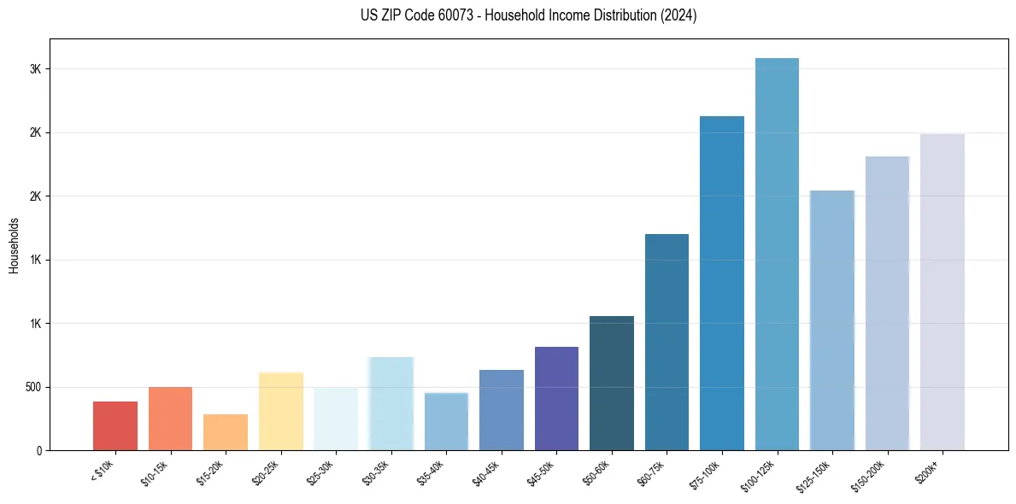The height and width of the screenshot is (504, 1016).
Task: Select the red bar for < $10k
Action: coord(115,425)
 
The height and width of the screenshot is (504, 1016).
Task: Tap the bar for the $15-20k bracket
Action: coord(226,432)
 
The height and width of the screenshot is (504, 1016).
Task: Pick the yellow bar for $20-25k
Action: coord(281,411)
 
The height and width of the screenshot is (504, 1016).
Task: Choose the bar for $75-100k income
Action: coord(722,283)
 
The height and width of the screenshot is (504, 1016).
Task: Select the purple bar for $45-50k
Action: coord(556,398)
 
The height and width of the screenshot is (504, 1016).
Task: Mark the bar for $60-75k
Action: coord(667,342)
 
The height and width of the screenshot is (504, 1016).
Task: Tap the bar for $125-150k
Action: coord(832,320)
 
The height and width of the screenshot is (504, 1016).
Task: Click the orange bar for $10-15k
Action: coord(170,419)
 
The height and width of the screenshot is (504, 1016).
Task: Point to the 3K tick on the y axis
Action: coord(36,69)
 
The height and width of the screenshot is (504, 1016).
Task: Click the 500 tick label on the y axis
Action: coord(32,387)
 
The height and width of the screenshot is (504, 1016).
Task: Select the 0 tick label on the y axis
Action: coord(38,450)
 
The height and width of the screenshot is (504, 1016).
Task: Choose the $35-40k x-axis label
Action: coord(432,472)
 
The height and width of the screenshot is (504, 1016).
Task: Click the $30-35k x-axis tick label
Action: coord(377,472)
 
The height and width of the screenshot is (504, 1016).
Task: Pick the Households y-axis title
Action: coord(14,245)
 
